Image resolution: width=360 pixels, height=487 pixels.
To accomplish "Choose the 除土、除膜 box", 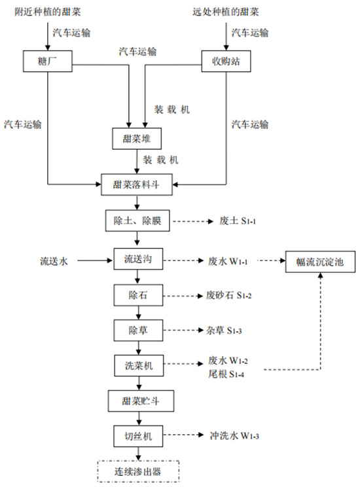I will [x=137, y=221].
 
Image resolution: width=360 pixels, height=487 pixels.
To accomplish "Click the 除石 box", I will [x=137, y=295].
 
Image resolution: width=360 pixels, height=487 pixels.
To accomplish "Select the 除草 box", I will [x=137, y=331].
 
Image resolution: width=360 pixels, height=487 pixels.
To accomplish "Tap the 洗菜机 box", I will [x=137, y=366].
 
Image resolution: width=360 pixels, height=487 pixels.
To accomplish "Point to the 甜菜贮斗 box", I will [x=137, y=401].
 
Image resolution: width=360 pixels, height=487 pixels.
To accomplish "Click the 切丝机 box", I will [x=137, y=435].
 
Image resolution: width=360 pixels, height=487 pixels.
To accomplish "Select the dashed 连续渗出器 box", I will [x=137, y=470].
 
